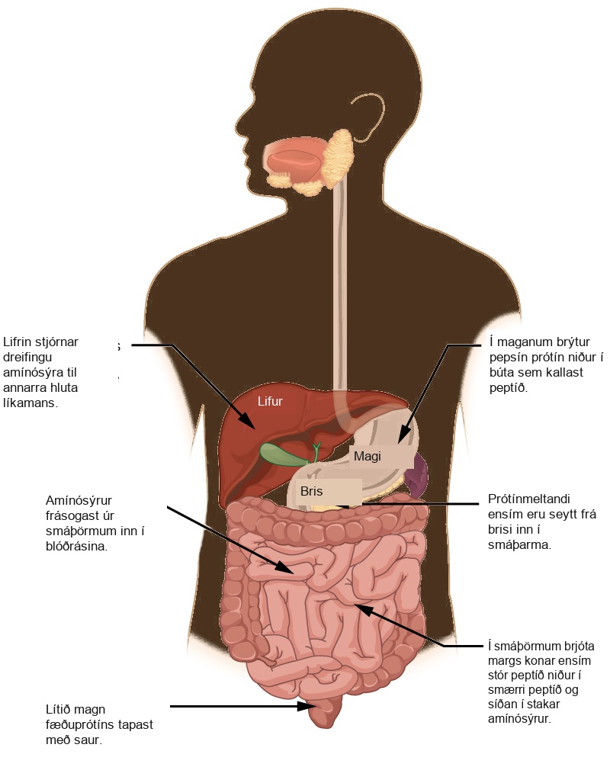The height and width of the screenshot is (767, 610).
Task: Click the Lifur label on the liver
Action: click(270, 401)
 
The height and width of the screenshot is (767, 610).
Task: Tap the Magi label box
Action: click(380, 457)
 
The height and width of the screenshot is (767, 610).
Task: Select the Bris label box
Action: click(328, 491)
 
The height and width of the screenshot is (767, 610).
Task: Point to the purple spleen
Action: click(417, 474)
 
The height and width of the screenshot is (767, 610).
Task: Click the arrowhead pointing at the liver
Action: click(247, 421)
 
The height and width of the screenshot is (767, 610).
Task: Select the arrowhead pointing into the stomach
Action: click(403, 435)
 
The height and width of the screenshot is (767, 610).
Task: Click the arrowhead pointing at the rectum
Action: click(307, 706)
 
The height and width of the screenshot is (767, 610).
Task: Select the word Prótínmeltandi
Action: click(529, 499)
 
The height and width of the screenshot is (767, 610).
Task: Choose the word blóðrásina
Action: click(76, 547)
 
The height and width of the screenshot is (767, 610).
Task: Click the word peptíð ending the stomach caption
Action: click(509, 388)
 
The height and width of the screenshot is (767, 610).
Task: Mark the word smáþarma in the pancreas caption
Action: click(519, 545)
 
